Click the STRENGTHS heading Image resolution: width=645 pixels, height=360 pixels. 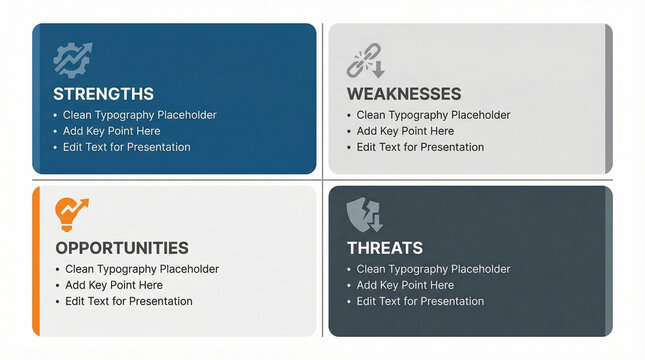103,94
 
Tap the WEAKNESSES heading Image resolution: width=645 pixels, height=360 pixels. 403,94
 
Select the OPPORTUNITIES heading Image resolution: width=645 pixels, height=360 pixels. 122,248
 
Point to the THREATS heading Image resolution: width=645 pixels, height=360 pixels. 385,248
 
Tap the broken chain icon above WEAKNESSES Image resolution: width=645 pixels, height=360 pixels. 364,60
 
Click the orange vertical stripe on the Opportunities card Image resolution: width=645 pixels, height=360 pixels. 36,260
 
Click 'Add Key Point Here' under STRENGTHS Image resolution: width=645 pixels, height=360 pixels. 111,131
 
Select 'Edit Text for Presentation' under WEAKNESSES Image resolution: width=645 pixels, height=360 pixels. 420,147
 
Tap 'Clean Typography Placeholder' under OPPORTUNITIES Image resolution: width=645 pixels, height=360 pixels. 142,269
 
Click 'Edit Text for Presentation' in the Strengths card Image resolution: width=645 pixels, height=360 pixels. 126,147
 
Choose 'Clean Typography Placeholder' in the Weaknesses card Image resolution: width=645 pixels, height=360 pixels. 433,115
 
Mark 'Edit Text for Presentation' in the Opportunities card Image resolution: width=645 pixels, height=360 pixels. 129,301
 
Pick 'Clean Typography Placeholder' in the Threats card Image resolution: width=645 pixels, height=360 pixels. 433,269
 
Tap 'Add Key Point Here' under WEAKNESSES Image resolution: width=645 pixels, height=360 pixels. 405,131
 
